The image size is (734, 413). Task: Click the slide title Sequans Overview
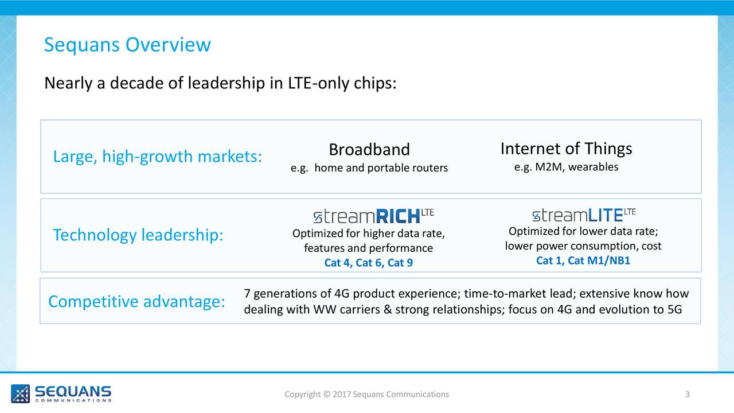point(127,45)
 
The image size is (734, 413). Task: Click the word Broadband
point(369,150)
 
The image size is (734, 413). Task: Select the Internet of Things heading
point(566,149)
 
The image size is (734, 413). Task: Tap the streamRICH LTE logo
point(373,216)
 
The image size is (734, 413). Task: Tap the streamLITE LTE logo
point(584,215)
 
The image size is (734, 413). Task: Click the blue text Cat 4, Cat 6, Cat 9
point(369,263)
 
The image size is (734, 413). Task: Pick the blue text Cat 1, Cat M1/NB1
point(583,260)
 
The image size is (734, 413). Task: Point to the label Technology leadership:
point(138,235)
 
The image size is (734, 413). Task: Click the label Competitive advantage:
point(136,302)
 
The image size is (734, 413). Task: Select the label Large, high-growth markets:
point(158,157)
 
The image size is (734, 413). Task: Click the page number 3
point(688,394)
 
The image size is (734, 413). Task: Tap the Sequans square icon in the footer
point(20,393)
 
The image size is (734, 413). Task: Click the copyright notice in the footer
point(366,394)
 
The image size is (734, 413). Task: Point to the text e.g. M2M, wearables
point(566,167)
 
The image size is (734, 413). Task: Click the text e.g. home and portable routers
point(369,168)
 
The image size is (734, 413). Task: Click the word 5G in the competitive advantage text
point(674,309)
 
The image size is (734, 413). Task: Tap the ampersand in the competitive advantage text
point(388,309)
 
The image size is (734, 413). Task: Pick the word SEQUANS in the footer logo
point(73,391)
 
